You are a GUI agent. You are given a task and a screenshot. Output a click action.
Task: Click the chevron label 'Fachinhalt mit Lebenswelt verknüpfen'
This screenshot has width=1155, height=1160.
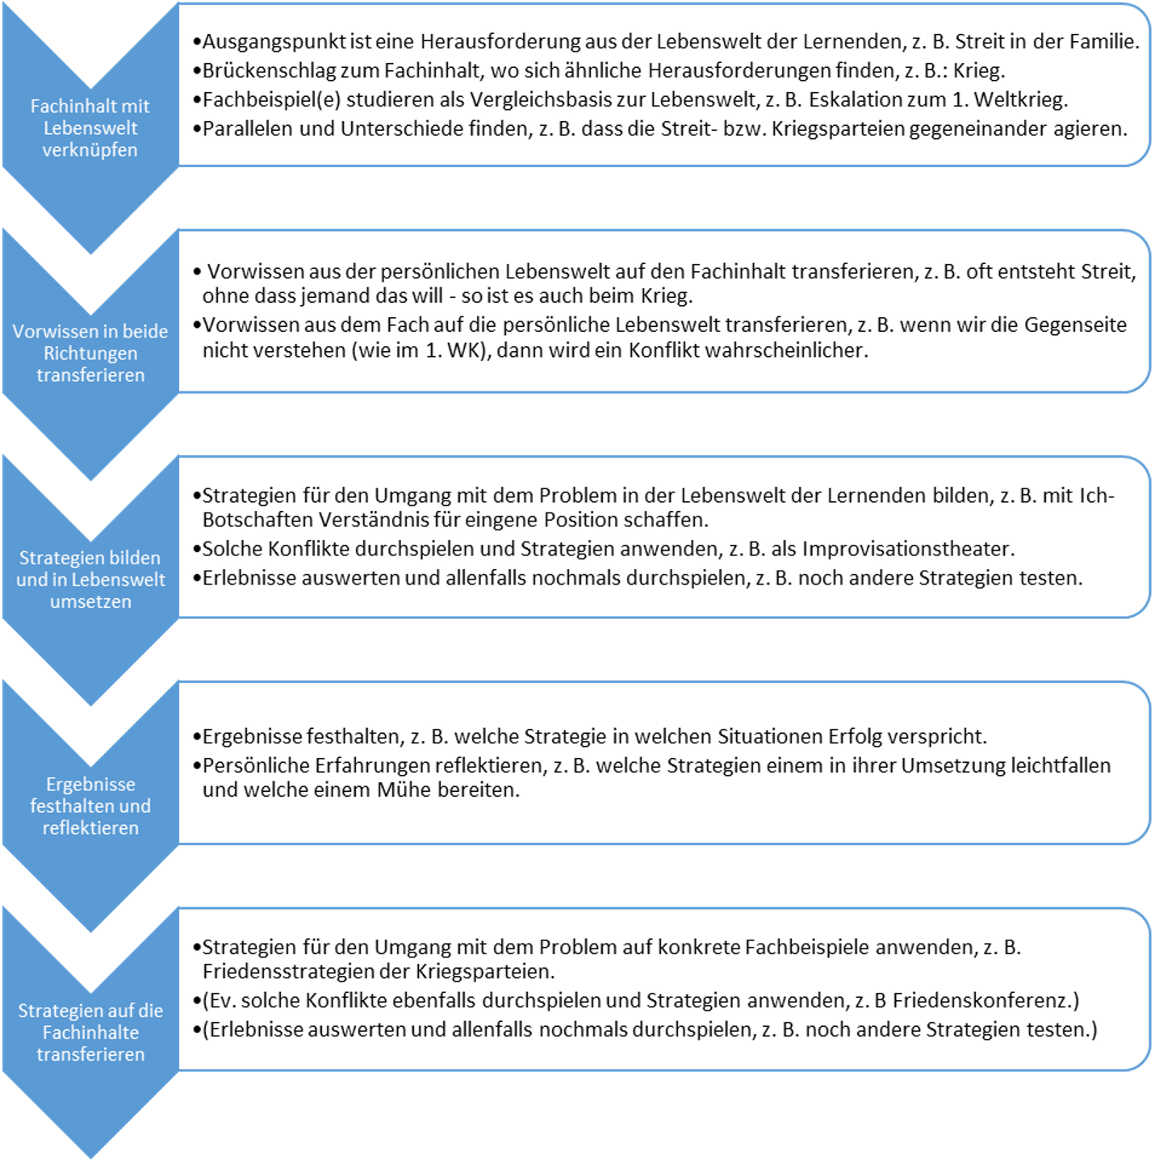90,128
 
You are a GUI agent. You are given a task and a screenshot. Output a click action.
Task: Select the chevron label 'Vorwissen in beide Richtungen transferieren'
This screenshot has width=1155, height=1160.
90,353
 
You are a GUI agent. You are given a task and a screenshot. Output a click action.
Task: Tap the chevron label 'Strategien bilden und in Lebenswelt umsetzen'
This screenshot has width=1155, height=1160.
90,580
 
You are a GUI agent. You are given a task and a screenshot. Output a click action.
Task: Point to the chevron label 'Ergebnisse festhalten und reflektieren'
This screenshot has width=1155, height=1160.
90,806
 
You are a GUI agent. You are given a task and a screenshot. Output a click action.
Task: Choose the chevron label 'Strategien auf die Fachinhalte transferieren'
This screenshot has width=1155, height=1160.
90,1032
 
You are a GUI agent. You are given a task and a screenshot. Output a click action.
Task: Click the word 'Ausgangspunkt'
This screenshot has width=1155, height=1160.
265,42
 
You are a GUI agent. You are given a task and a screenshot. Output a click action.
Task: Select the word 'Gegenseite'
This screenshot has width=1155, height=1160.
1075,325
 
